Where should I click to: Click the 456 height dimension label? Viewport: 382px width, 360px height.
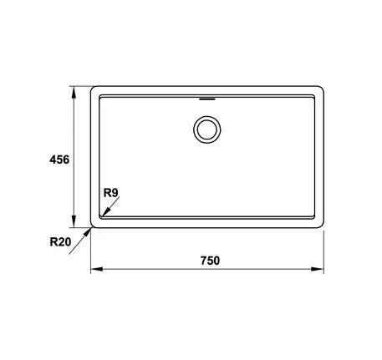coord(59,160)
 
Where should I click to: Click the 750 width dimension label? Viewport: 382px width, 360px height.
coord(210,261)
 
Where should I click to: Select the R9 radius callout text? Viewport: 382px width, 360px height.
coord(111,193)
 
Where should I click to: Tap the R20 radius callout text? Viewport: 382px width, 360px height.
coord(60,241)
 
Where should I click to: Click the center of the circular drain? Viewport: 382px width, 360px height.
coord(207,129)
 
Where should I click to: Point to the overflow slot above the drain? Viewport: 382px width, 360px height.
coord(207,99)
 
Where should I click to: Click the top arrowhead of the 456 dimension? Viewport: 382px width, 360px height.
coord(74,92)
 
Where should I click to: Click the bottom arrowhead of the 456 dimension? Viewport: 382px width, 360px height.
coord(74,221)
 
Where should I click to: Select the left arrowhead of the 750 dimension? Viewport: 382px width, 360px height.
coord(97,269)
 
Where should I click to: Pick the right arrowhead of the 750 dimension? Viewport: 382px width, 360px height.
coord(318,269)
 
